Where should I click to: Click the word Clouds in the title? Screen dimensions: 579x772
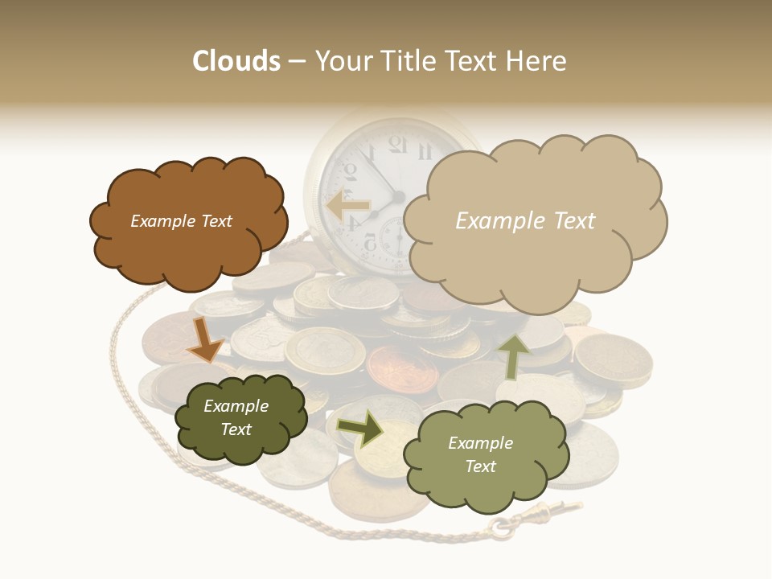click(x=236, y=61)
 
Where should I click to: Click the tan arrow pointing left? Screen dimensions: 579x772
click(x=347, y=206)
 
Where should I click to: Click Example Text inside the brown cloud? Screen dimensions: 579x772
click(x=181, y=221)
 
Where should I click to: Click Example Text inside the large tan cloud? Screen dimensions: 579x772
click(x=525, y=221)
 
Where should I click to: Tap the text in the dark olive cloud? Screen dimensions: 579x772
click(x=236, y=417)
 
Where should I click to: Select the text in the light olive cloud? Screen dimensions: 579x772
click(x=480, y=454)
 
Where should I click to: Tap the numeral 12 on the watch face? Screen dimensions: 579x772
click(x=397, y=144)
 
